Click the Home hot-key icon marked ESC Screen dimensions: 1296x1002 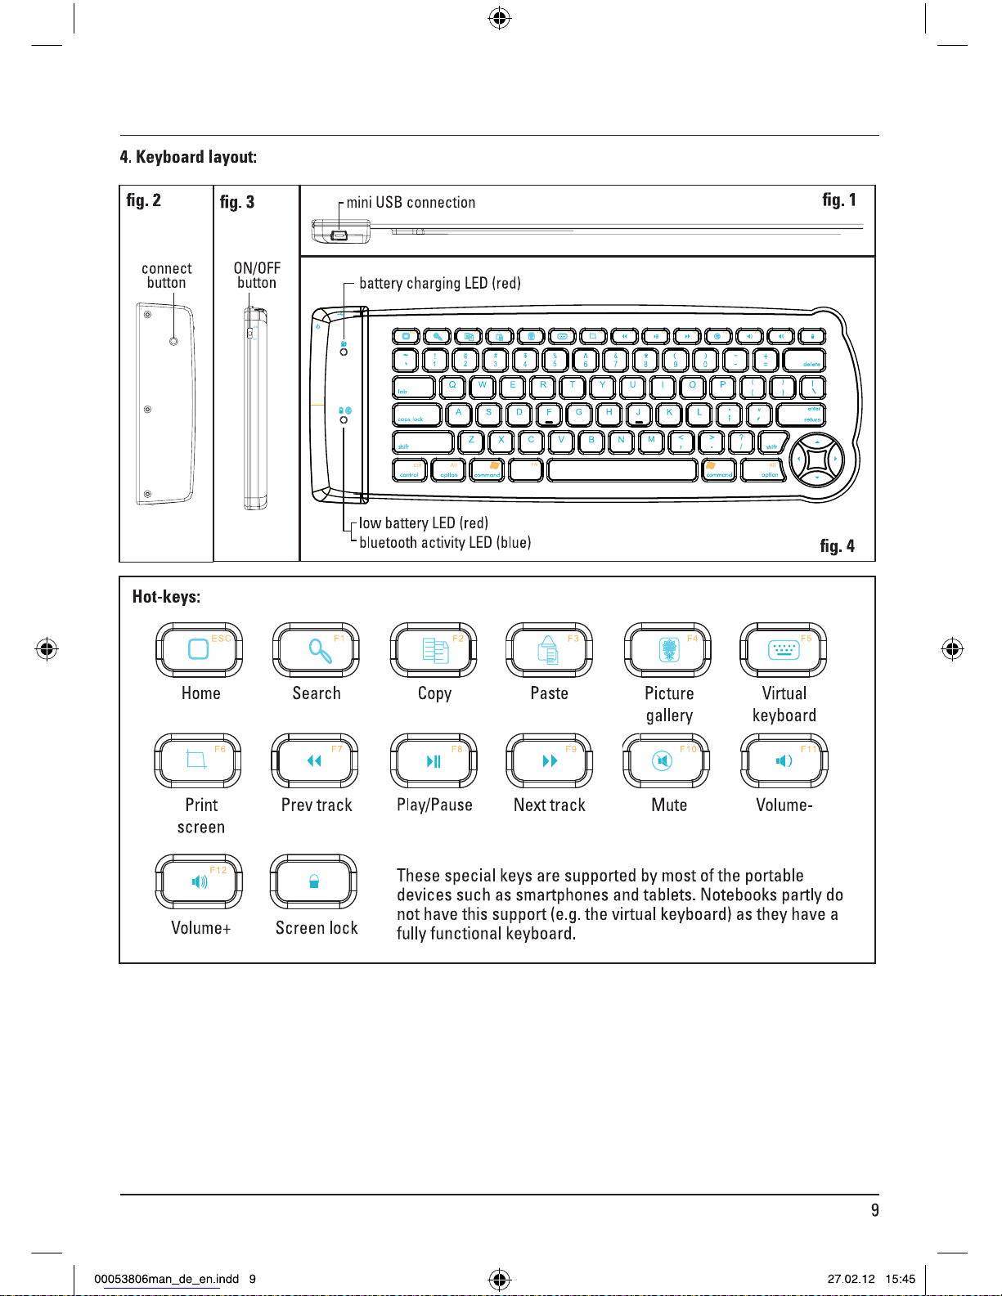click(x=200, y=649)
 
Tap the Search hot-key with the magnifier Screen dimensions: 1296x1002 click(x=316, y=649)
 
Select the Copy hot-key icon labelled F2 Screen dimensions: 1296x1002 click(x=434, y=649)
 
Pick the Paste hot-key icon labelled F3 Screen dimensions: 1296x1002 click(x=549, y=649)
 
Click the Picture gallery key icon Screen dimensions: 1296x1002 click(x=667, y=649)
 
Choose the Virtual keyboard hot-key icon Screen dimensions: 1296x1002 click(x=784, y=649)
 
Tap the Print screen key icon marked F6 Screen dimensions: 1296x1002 click(x=198, y=760)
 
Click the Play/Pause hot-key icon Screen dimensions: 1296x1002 click(x=434, y=760)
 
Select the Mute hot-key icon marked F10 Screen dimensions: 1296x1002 click(x=666, y=760)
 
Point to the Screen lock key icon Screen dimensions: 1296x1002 click(x=314, y=881)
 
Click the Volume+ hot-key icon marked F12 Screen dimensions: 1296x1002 click(x=200, y=881)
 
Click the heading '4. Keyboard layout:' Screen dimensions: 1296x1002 click(x=188, y=157)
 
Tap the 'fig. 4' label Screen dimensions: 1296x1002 click(x=837, y=546)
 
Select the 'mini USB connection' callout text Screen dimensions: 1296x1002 click(x=411, y=203)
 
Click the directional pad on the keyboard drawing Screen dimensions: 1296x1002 click(x=816, y=460)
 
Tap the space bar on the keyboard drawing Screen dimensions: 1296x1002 click(x=622, y=470)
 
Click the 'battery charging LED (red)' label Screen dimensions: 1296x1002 click(x=440, y=284)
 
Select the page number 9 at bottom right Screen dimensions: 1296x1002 click(x=874, y=1210)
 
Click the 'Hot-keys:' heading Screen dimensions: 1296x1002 click(x=166, y=597)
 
